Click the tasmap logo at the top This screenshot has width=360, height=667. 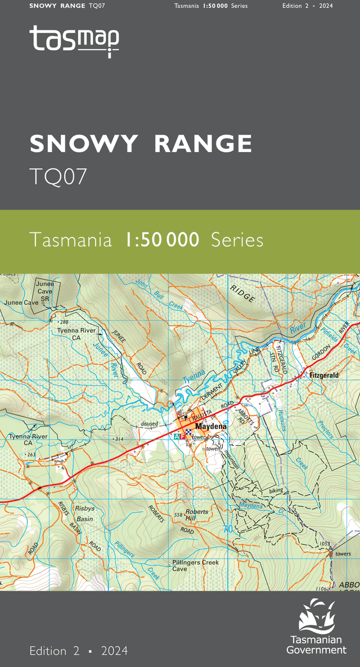click(74, 41)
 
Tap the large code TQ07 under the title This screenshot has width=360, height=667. click(58, 177)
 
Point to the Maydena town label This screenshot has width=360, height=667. click(211, 427)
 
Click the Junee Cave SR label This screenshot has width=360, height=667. click(44, 291)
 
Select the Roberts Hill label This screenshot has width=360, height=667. click(197, 515)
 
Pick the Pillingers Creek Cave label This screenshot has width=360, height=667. click(195, 565)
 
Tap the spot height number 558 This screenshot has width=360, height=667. click(179, 515)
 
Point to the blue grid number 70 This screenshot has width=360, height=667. click(227, 529)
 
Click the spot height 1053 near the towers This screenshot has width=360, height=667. click(324, 544)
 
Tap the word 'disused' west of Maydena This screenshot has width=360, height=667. click(150, 424)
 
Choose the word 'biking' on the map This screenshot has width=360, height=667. click(276, 491)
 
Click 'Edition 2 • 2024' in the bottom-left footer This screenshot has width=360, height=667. click(79, 651)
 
